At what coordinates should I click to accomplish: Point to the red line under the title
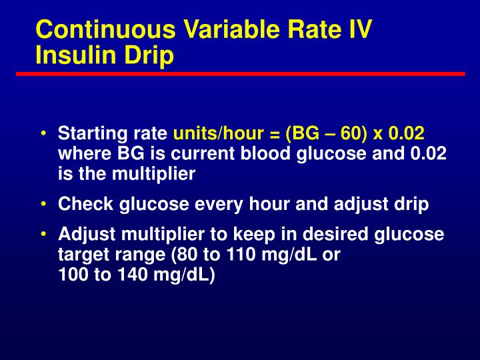pos(240,73)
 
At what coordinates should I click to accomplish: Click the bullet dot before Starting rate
pos(43,133)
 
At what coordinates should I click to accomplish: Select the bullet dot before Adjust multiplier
pos(43,234)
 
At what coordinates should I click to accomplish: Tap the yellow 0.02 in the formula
pos(407,133)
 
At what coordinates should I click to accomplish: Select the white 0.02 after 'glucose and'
pos(428,153)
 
